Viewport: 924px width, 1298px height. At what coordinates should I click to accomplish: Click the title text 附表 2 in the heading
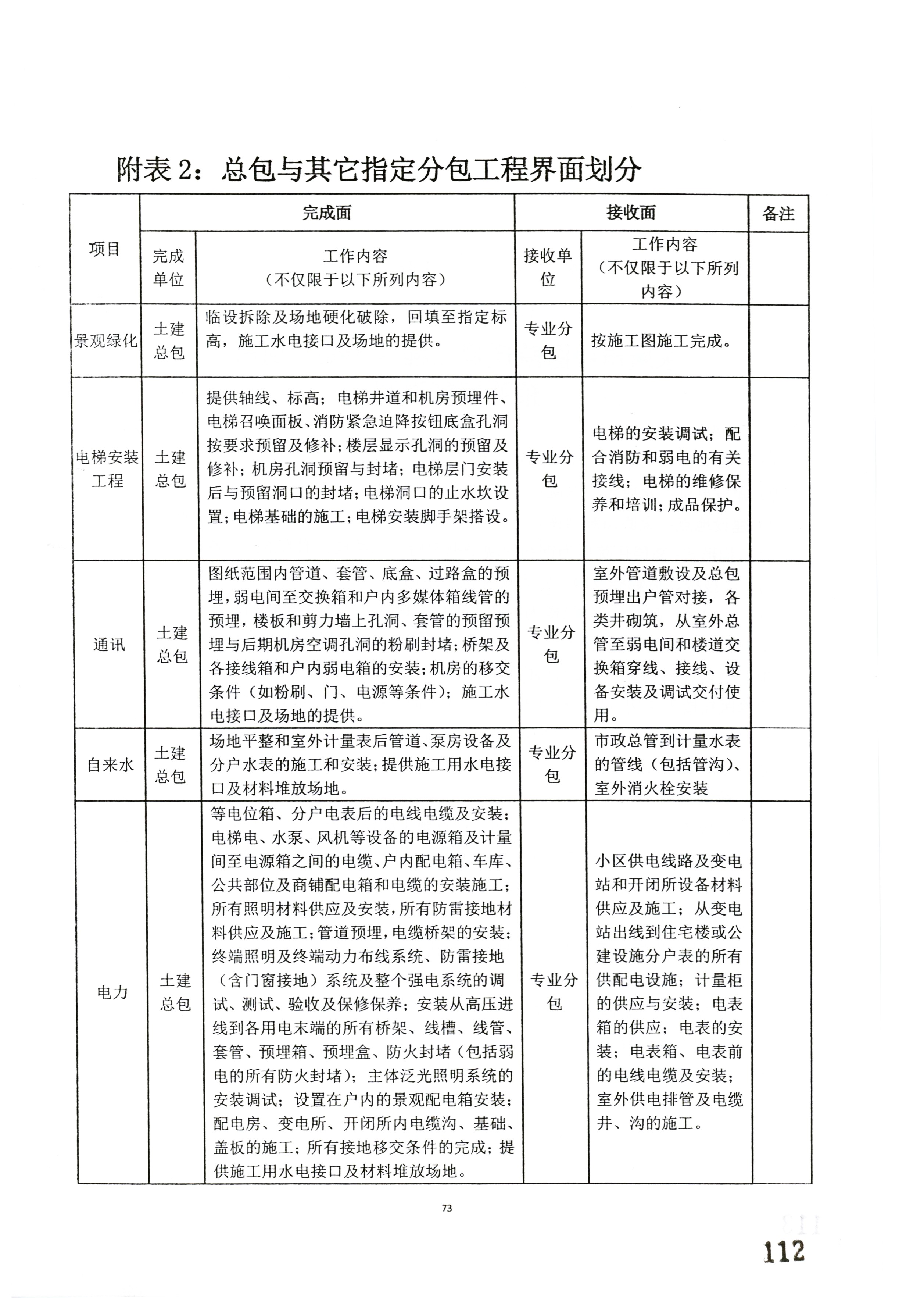tap(153, 169)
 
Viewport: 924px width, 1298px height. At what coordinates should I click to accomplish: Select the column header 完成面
tap(327, 213)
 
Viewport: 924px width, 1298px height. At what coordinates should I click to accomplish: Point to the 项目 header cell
tap(105, 249)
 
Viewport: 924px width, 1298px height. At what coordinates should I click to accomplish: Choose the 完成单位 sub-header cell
tap(168, 267)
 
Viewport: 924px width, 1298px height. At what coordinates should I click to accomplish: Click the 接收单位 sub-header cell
tap(548, 267)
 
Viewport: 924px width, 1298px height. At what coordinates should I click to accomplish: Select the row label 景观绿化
tap(106, 341)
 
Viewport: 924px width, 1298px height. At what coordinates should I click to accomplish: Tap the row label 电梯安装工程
tap(108, 469)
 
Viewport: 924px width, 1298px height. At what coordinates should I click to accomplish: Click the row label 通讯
tap(109, 645)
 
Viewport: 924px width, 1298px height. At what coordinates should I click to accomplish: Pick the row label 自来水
tap(110, 765)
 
